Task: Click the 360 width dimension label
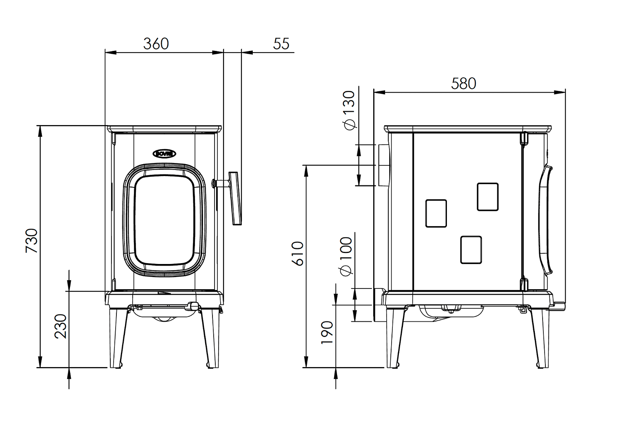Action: click(156, 44)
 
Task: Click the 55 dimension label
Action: click(281, 44)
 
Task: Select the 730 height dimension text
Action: click(32, 241)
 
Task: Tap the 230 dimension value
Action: click(60, 326)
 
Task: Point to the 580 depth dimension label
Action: click(463, 84)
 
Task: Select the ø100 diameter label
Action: click(346, 256)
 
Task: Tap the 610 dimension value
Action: click(298, 253)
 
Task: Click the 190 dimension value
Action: click(327, 332)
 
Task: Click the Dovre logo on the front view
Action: click(164, 154)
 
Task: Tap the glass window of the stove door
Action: click(164, 220)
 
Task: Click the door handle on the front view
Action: click(235, 198)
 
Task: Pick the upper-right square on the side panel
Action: click(488, 197)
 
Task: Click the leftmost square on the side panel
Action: click(436, 213)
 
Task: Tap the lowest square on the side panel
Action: click(471, 250)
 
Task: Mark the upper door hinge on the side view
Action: click(524, 138)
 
